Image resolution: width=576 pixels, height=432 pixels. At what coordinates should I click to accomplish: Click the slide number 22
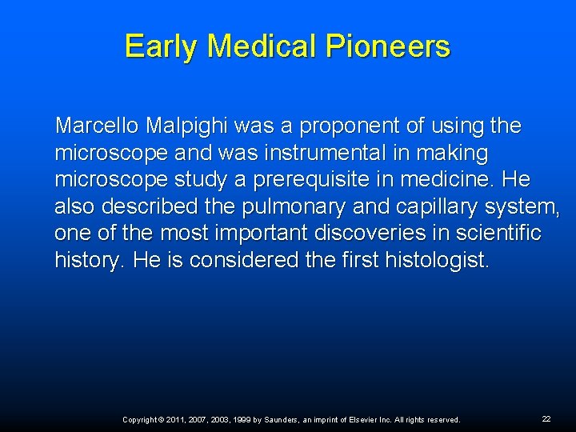(546, 419)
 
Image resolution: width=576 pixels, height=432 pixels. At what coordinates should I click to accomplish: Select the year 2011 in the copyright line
(178, 420)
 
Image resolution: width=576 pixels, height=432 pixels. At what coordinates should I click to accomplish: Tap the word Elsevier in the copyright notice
(364, 420)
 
